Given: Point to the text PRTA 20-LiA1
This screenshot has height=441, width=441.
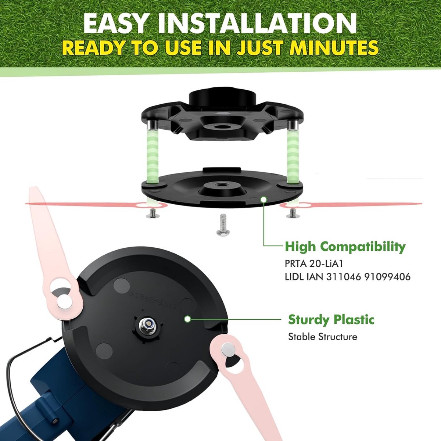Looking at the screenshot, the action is point(314,264).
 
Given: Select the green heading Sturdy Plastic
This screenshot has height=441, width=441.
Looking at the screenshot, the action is point(331,319).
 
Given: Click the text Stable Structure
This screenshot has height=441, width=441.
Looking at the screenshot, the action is point(322,337).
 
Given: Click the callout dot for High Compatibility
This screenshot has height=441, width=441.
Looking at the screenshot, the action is point(263,199).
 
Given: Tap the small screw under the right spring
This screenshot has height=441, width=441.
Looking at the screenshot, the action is point(293,214).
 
